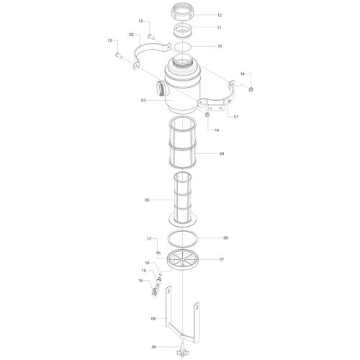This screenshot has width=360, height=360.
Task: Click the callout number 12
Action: point(220,15)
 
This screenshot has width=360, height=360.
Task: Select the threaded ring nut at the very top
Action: point(184,12)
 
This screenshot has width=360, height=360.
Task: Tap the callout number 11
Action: point(219,27)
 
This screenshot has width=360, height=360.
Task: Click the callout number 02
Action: point(131,35)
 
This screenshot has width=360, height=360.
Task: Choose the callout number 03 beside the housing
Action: point(143,100)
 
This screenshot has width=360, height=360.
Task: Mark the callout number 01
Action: point(236,117)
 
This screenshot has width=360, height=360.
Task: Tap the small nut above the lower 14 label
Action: point(207,115)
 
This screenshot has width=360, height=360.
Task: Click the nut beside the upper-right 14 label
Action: point(251,89)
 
